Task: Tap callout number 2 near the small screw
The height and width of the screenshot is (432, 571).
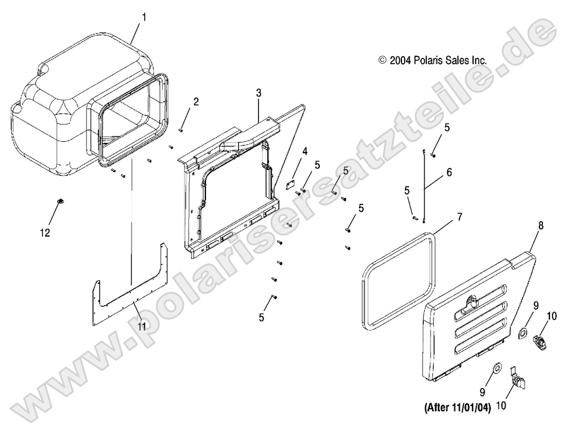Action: pyautogui.click(x=195, y=102)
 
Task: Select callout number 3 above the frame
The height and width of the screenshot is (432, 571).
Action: pyautogui.click(x=258, y=93)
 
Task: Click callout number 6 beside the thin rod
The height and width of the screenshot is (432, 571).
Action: pyautogui.click(x=448, y=172)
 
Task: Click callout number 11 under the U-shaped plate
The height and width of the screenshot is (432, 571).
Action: pyautogui.click(x=141, y=326)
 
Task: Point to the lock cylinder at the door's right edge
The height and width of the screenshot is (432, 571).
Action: pyautogui.click(x=541, y=343)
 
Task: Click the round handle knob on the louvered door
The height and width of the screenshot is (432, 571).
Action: pyautogui.click(x=470, y=302)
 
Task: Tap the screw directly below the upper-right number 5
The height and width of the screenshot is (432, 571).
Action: pyautogui.click(x=433, y=156)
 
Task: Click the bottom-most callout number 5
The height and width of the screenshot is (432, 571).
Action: pyautogui.click(x=261, y=318)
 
